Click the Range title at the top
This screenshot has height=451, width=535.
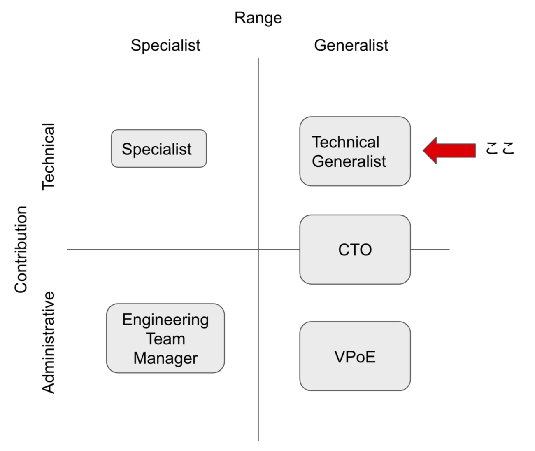(x=258, y=18)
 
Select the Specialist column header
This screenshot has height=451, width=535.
(x=165, y=45)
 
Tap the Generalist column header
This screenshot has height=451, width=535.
(x=351, y=45)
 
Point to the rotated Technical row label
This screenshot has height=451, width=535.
(x=49, y=157)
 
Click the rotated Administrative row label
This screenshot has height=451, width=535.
(x=49, y=343)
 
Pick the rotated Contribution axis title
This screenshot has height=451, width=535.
(x=21, y=250)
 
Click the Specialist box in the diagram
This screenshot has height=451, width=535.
(x=159, y=149)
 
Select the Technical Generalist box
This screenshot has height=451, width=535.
(x=355, y=151)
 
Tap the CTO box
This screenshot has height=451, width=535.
(x=355, y=250)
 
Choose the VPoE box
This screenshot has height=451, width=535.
(x=355, y=356)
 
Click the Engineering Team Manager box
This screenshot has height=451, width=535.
(x=165, y=339)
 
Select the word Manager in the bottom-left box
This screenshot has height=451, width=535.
(x=165, y=358)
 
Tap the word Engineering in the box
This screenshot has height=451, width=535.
(x=165, y=320)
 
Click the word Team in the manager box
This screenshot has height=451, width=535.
(x=165, y=339)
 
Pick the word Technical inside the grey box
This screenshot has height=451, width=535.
(x=346, y=142)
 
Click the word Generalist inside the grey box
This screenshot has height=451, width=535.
(x=349, y=161)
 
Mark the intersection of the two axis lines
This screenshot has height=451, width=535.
(x=258, y=250)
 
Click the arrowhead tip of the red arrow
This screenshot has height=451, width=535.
(x=424, y=150)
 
